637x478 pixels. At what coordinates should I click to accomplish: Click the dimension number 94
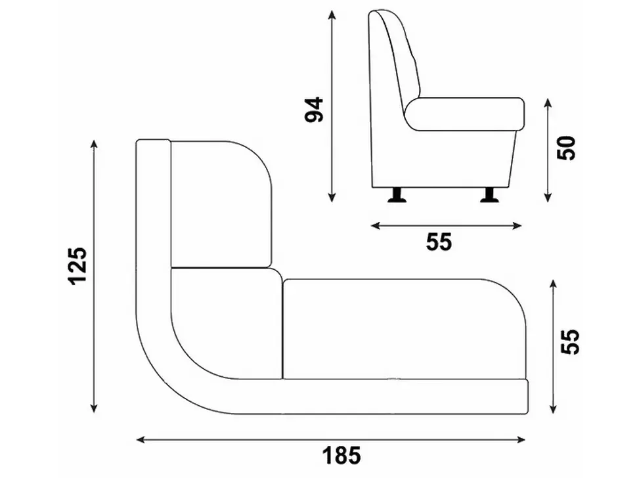(x=314, y=109)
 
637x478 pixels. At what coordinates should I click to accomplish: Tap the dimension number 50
(x=566, y=148)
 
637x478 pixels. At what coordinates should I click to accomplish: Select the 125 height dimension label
(x=77, y=266)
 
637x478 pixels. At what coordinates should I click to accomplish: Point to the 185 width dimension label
(x=341, y=455)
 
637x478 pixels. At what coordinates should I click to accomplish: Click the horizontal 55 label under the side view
(x=439, y=242)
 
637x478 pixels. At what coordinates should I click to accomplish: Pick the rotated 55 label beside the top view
(x=569, y=341)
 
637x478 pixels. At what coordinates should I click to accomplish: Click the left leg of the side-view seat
(x=397, y=195)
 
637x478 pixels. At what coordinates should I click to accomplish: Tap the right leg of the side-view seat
(x=490, y=195)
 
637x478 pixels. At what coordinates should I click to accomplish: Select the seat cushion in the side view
(x=464, y=114)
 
